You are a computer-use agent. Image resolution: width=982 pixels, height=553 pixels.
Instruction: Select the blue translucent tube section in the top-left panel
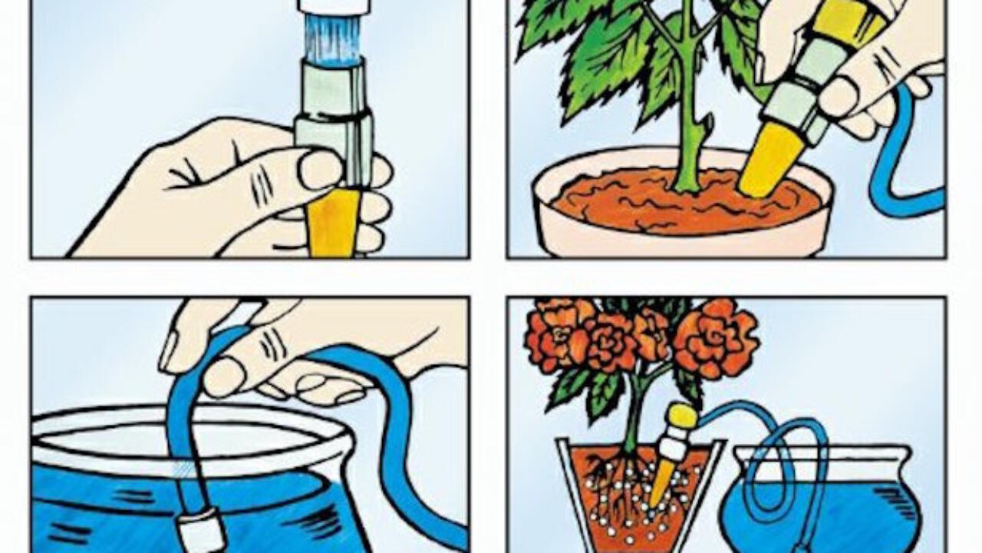coord(333,39)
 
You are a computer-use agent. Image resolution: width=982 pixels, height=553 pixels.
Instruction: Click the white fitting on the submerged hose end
coord(201,530)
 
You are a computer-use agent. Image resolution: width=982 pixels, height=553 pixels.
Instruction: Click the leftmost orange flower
coord(549,338)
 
